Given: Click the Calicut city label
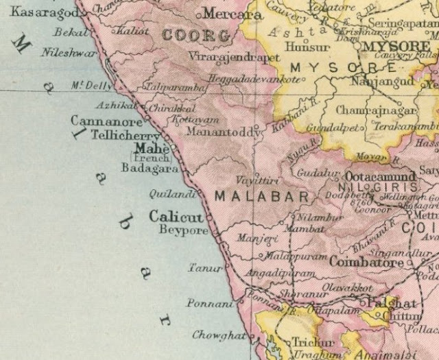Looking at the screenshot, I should [176, 217].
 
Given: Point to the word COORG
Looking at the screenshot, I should [189, 36].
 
